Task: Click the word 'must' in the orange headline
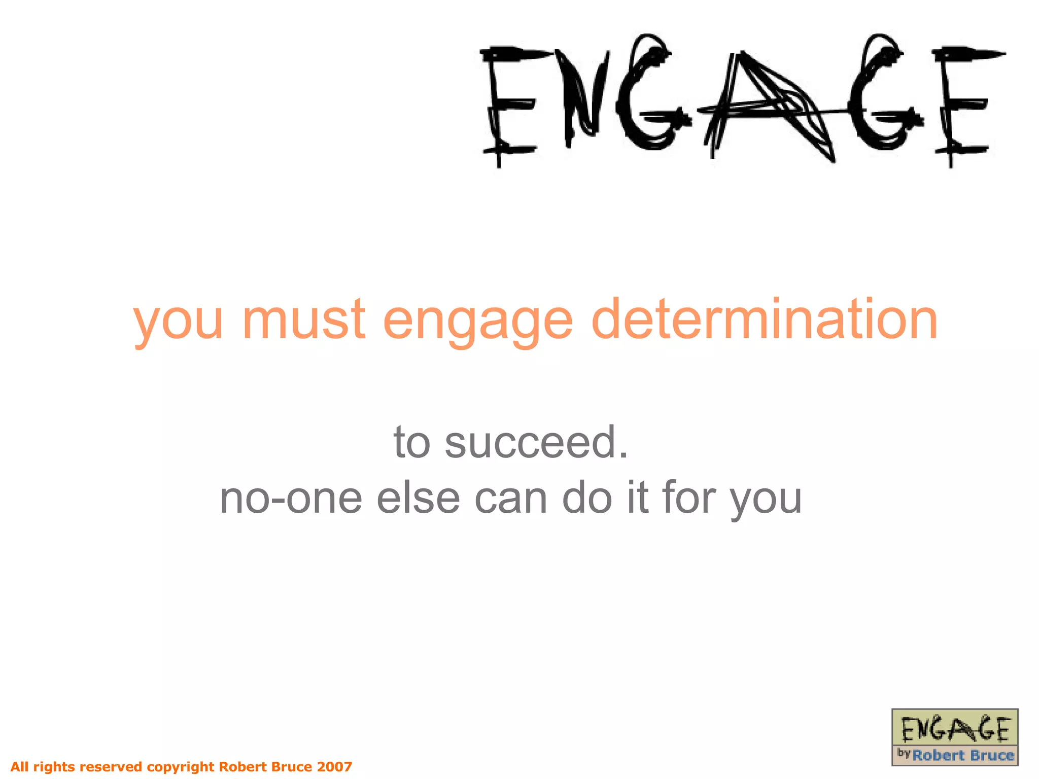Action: click(303, 320)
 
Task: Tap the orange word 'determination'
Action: click(765, 320)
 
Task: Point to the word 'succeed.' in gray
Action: click(537, 442)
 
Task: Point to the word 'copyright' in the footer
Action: click(180, 767)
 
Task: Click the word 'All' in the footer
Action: click(20, 766)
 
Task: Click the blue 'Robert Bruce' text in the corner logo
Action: click(963, 755)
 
